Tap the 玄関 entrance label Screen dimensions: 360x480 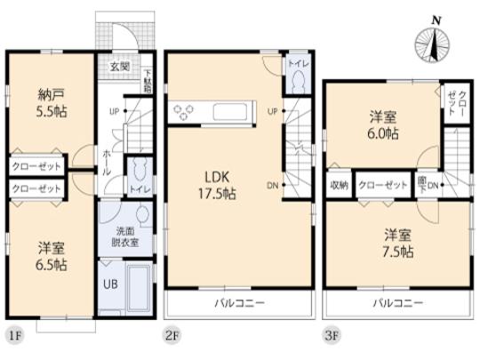(x=119, y=66)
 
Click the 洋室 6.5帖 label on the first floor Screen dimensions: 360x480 (x=52, y=256)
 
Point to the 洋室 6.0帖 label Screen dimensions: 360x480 (x=384, y=124)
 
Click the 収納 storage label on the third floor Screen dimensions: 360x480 (x=339, y=186)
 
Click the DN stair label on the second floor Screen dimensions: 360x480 (x=273, y=185)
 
